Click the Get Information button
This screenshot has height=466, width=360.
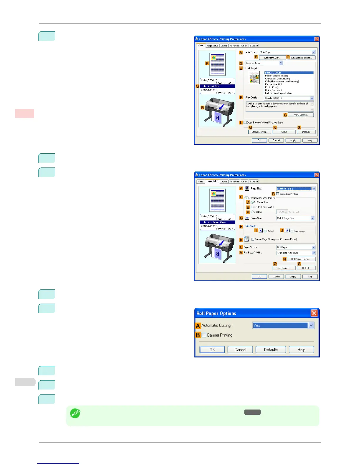[272, 58]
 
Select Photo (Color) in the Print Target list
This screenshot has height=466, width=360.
[271, 87]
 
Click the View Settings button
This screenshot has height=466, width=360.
[301, 115]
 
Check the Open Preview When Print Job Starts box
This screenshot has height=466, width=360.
[245, 123]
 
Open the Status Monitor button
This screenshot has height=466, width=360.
[259, 132]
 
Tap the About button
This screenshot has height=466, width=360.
[284, 132]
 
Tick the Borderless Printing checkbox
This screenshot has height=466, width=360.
[278, 194]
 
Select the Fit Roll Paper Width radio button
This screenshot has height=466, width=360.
[252, 207]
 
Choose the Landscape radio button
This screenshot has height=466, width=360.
[292, 231]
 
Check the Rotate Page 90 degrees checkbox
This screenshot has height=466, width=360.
[253, 239]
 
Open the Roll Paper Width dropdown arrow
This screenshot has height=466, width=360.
[314, 253]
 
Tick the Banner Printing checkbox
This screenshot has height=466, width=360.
[204, 335]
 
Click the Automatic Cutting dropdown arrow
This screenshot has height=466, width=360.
[311, 325]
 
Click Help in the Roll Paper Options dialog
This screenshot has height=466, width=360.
[301, 350]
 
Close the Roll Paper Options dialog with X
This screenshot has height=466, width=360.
[314, 313]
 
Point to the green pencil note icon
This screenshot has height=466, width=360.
[75, 414]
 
